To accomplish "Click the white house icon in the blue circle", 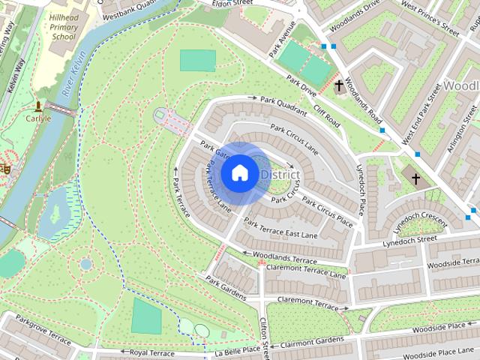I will tap(239, 173).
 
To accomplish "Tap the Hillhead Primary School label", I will tap(63, 26).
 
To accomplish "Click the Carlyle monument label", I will tap(38, 118).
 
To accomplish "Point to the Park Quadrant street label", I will tap(284, 105).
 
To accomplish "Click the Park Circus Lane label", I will tap(295, 139).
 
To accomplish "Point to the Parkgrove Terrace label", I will tap(43, 330).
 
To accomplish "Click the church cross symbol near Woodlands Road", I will tap(339, 85).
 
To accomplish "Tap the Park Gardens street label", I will tap(226, 286).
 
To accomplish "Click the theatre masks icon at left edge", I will tap(5, 169).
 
